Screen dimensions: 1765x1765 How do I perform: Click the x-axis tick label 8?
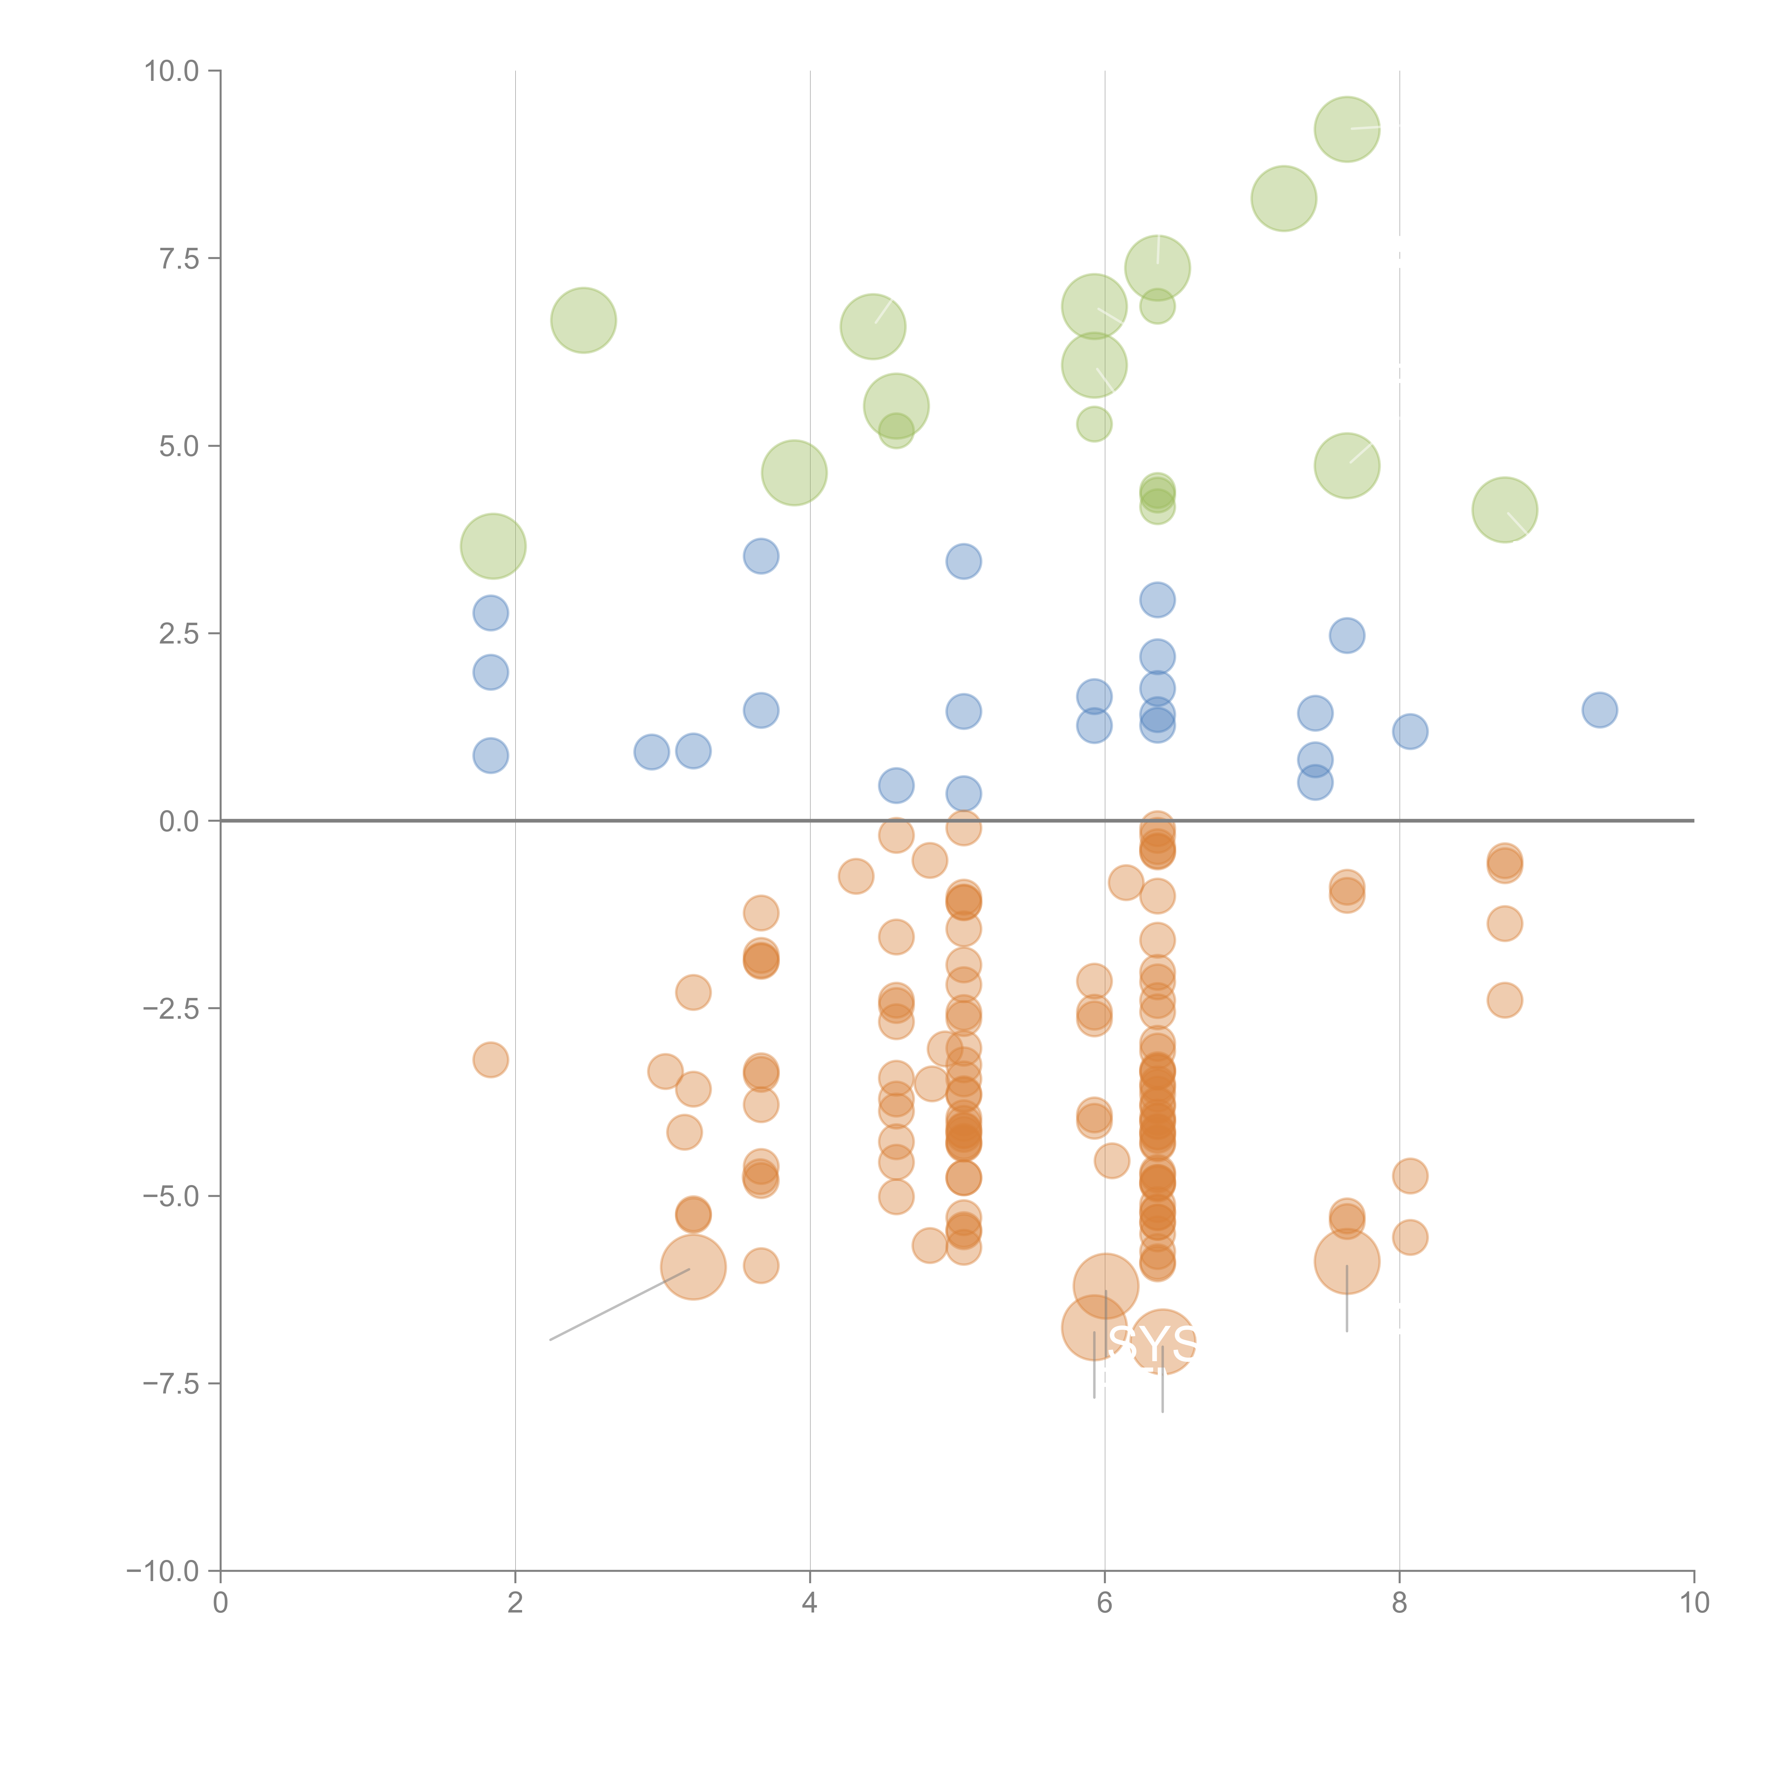pos(1400,1603)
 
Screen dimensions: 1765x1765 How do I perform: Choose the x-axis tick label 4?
pos(809,1603)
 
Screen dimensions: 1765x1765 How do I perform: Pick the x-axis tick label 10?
pos(1694,1603)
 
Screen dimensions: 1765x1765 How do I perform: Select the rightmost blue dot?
pos(1600,710)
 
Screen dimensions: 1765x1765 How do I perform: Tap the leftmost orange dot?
pos(491,1060)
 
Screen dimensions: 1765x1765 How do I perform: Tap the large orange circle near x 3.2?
pos(693,1267)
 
